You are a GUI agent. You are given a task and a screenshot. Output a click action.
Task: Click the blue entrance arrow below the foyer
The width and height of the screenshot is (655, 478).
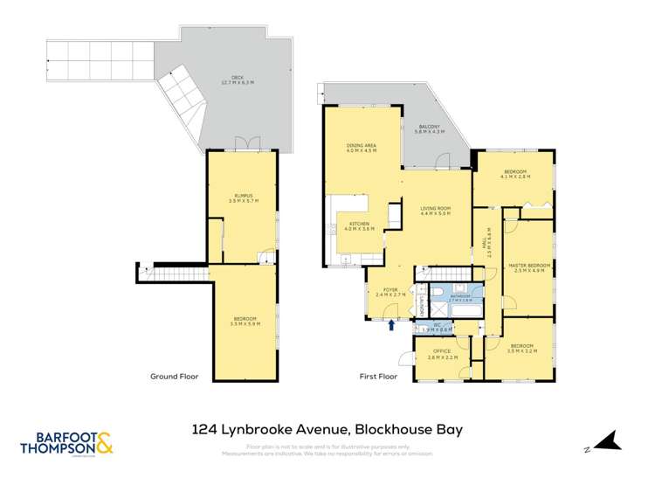click(391, 325)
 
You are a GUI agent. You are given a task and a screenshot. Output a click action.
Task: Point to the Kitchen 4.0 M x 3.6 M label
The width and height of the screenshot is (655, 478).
click(361, 226)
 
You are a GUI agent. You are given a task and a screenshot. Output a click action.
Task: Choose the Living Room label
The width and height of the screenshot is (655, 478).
click(434, 211)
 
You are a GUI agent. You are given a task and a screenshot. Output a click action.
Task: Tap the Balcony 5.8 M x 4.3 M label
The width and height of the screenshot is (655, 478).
click(431, 129)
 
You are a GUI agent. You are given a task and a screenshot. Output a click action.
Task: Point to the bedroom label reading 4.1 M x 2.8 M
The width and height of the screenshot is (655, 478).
click(515, 174)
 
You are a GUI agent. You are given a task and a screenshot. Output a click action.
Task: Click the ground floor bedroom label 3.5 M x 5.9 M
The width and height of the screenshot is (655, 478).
click(245, 321)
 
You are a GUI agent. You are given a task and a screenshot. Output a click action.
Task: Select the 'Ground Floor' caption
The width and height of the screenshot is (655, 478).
click(174, 377)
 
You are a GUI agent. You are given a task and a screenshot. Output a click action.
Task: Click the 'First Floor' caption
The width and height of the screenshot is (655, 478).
click(379, 377)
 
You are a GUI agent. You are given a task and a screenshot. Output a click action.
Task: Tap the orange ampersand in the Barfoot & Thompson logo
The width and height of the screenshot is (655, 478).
click(103, 441)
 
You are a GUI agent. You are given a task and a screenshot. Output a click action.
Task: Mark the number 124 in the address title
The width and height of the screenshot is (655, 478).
click(203, 429)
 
